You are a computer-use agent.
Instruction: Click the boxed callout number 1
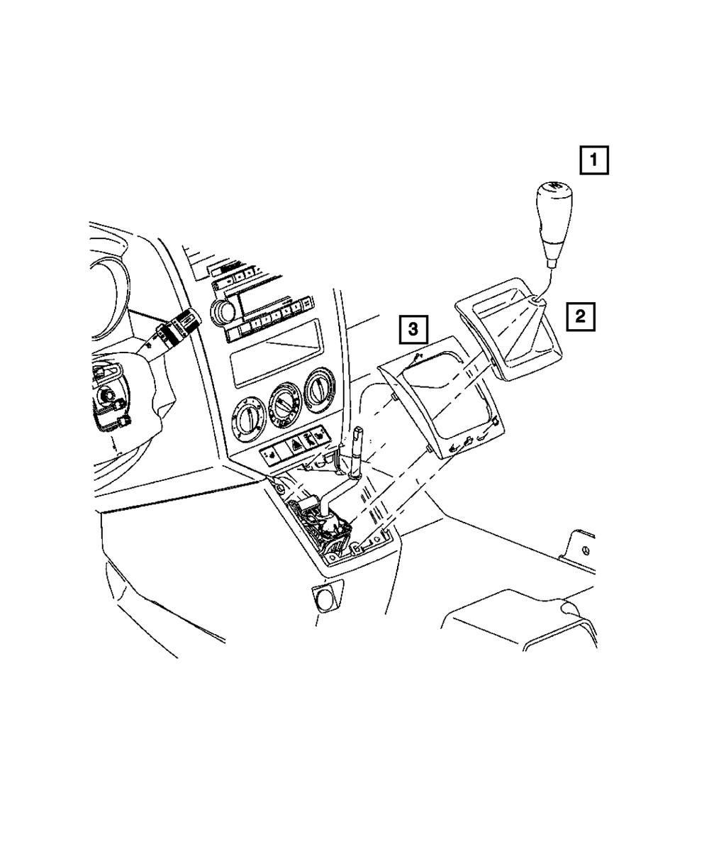594,160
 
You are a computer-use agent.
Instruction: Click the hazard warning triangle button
293,445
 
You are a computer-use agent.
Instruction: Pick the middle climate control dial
286,404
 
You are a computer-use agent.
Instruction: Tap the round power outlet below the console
325,600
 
